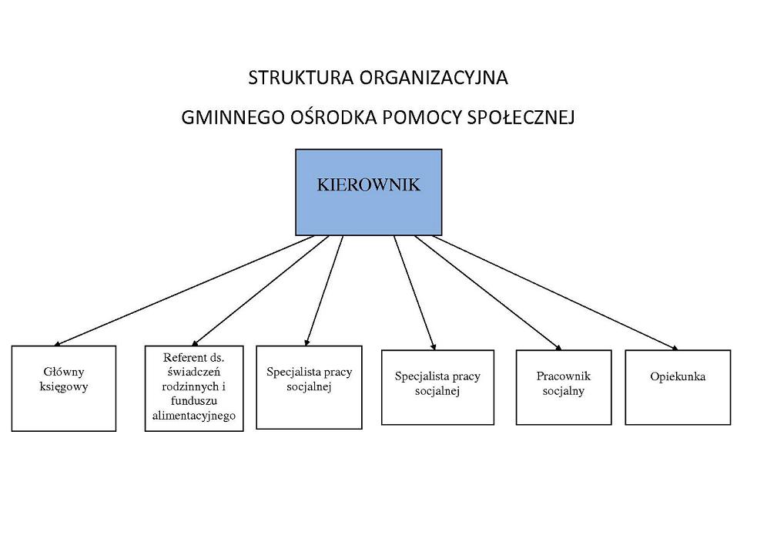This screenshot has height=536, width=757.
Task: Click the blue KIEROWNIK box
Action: [x=368, y=192]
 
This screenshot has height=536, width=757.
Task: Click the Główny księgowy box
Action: [x=64, y=388]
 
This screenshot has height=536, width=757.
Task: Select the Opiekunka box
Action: [x=678, y=388]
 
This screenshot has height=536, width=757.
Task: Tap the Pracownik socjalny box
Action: [x=564, y=388]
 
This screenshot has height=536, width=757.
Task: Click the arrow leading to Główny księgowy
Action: [x=184, y=291]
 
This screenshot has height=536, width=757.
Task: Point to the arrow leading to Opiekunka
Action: [x=554, y=293]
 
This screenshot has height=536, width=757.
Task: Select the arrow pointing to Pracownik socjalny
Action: [x=487, y=293]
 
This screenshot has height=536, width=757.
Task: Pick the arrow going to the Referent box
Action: [x=260, y=291]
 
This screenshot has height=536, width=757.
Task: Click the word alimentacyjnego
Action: [x=194, y=415]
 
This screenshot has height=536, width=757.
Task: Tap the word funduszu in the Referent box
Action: [x=194, y=401]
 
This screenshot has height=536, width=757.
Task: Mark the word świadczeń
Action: [x=194, y=372]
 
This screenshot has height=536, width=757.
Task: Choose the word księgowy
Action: [x=64, y=386]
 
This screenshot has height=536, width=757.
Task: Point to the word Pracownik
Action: [x=564, y=376]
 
